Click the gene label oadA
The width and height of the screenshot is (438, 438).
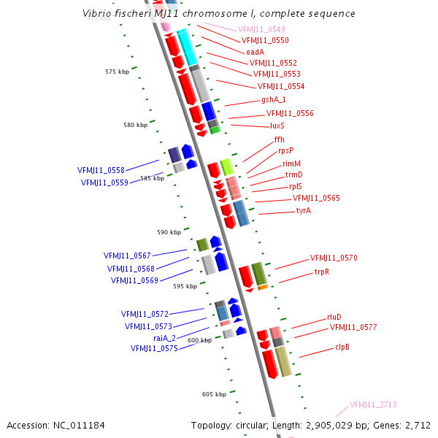pos(255,52)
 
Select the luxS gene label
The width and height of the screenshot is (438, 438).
pos(277,126)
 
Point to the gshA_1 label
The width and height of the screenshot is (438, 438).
pos(274,100)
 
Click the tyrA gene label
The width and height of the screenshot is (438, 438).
pos(304,210)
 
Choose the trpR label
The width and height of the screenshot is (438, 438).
pos(322,272)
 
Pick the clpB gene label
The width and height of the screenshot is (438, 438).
pos(342,347)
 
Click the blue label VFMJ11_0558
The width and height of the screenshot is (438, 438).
pos(101,170)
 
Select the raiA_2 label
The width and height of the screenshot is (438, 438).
pos(166,338)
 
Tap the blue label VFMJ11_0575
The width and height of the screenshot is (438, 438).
pos(154,349)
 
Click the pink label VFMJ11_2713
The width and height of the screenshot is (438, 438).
pos(373,404)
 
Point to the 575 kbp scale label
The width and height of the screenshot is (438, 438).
pos(117,72)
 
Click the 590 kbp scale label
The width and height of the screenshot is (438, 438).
pos(169,232)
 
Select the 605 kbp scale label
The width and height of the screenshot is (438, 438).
pos(214,394)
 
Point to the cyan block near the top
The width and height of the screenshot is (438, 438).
pos(187,47)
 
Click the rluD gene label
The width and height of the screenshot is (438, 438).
pos(335,318)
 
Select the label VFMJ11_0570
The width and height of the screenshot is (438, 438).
pos(334,258)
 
